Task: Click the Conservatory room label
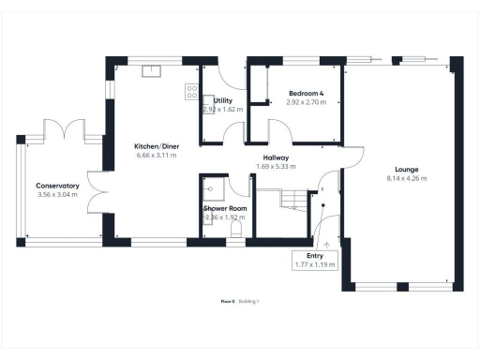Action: (x=57, y=186)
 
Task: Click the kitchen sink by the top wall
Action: (x=150, y=69)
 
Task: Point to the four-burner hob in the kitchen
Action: (x=191, y=92)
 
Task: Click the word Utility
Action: (x=223, y=100)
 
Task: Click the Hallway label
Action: (x=276, y=157)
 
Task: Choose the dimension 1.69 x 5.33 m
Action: (x=276, y=167)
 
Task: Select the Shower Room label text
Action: (x=225, y=208)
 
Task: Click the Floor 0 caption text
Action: (x=227, y=301)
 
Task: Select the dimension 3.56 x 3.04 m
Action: (x=57, y=195)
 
